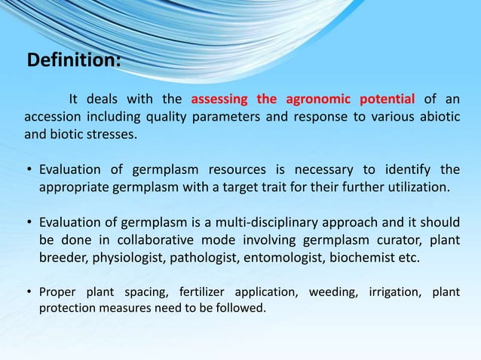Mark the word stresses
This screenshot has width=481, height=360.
[x=112, y=136]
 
